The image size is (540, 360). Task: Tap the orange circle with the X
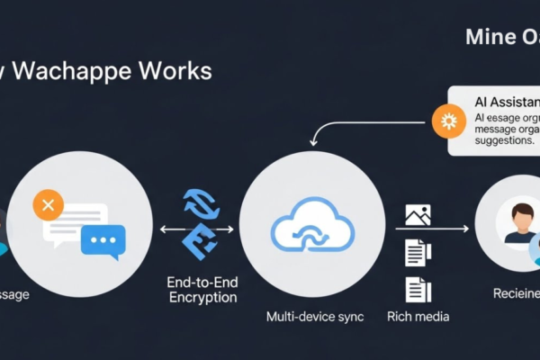[x=48, y=206]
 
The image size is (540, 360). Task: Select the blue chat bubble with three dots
[x=103, y=241]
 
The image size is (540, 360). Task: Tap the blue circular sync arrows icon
[x=201, y=204]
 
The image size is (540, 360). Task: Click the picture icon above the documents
[x=418, y=215]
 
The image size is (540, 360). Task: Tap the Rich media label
[x=418, y=317]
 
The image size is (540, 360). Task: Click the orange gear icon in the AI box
[x=447, y=121]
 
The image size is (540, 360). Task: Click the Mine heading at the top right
[x=489, y=38]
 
